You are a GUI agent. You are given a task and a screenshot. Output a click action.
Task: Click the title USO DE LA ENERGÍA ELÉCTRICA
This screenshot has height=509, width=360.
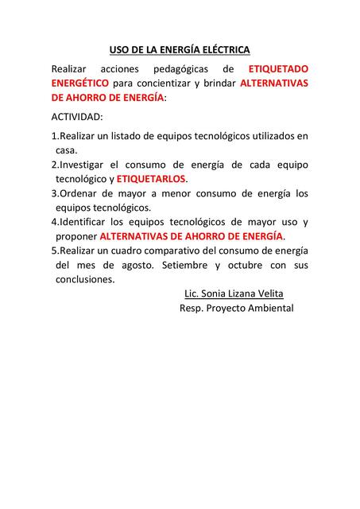(x=179, y=49)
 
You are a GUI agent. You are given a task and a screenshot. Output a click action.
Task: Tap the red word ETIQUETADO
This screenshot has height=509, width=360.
(x=279, y=69)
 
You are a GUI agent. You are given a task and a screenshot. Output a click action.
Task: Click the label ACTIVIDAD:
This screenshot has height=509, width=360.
(x=77, y=118)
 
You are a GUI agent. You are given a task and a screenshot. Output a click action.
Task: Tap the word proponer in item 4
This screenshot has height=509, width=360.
(x=76, y=236)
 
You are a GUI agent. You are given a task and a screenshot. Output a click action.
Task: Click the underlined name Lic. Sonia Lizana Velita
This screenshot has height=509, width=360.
(x=233, y=293)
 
